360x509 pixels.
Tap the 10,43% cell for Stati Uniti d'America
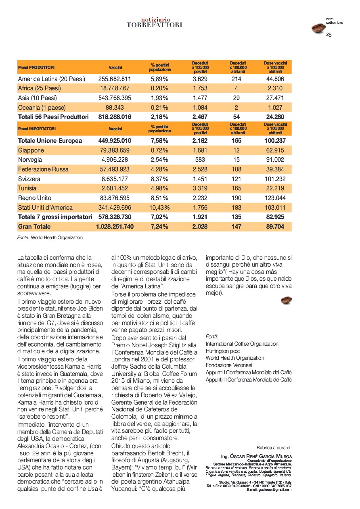(x=159, y=208)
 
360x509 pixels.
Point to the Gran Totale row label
(x=34, y=227)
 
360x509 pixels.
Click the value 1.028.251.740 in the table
(x=115, y=227)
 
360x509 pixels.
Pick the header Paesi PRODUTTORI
(x=36, y=67)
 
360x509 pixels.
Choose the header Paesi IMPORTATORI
(x=37, y=129)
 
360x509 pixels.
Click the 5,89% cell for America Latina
(x=159, y=79)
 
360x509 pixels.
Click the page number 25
(x=329, y=35)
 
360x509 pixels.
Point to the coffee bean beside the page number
(x=318, y=28)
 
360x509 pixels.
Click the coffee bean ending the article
(x=286, y=300)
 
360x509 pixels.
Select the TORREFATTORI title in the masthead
(x=154, y=25)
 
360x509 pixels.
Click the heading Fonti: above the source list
(x=212, y=336)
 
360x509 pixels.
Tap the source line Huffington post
(x=223, y=351)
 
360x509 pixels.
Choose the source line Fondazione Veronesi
(x=229, y=365)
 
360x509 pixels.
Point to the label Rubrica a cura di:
(x=274, y=448)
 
